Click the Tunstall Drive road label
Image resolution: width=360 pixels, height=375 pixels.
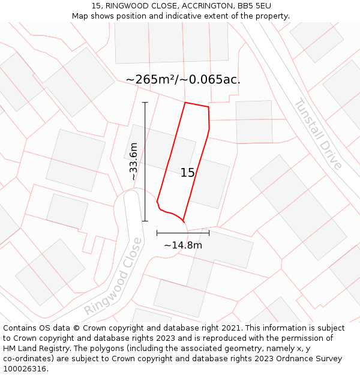318,134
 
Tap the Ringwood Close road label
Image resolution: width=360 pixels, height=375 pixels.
114,277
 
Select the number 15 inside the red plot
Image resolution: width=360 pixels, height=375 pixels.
187,173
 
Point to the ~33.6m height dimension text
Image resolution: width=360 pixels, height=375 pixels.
134,161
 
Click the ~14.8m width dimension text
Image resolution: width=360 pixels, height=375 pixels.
183,245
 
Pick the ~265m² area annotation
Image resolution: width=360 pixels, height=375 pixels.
183,79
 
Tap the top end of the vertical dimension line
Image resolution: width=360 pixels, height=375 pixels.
145,103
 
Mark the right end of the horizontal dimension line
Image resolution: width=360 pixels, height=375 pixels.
209,233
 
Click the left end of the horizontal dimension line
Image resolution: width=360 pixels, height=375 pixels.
157,233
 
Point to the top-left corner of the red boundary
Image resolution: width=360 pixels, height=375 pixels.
185,103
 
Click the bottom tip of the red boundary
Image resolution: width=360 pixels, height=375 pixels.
182,221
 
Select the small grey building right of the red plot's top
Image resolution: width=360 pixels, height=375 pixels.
254,122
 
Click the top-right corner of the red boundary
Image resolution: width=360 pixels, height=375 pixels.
208,107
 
